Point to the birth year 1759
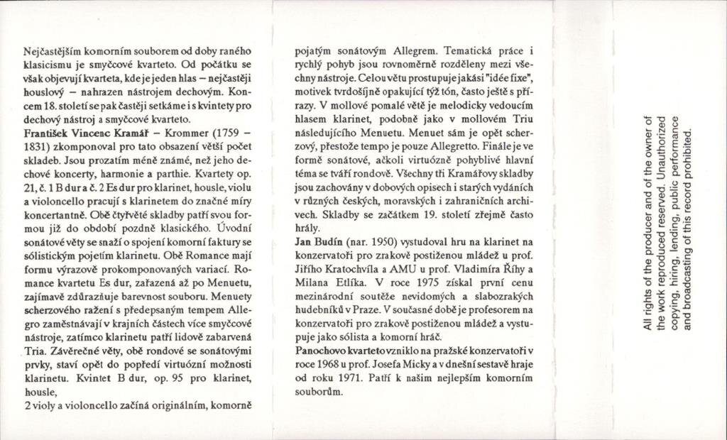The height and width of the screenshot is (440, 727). [x=231, y=133]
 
